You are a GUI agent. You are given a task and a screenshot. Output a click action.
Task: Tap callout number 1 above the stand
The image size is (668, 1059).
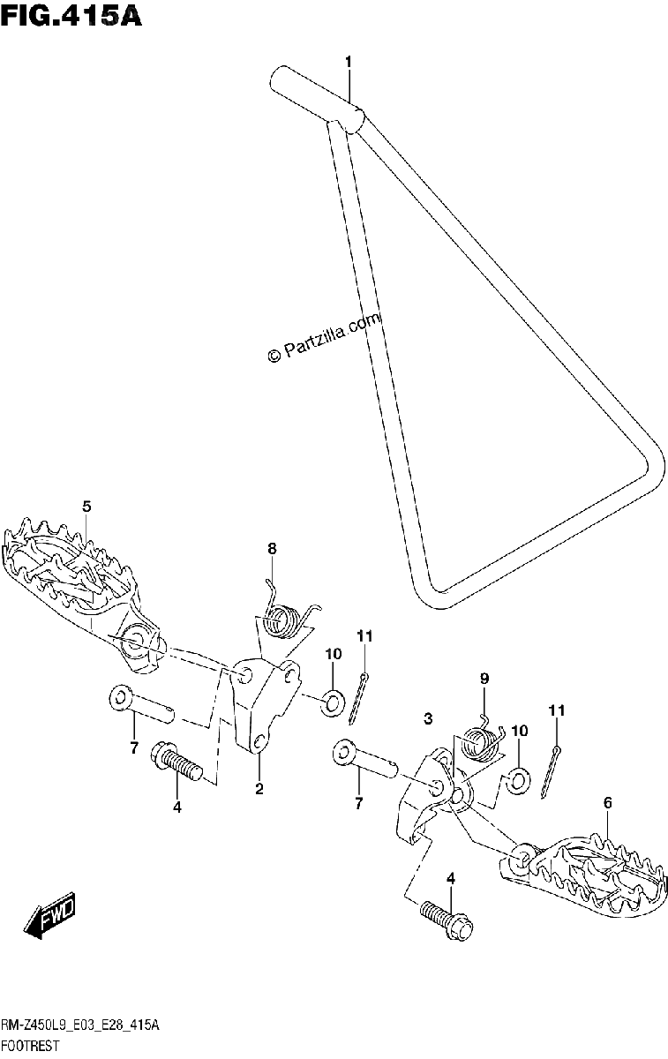click(x=349, y=62)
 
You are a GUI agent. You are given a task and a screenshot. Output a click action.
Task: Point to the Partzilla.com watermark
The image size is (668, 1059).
click(x=324, y=336)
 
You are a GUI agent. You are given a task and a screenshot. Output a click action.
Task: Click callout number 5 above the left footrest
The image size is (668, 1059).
click(x=86, y=507)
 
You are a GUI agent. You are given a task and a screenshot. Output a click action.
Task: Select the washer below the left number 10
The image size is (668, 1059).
click(x=334, y=701)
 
